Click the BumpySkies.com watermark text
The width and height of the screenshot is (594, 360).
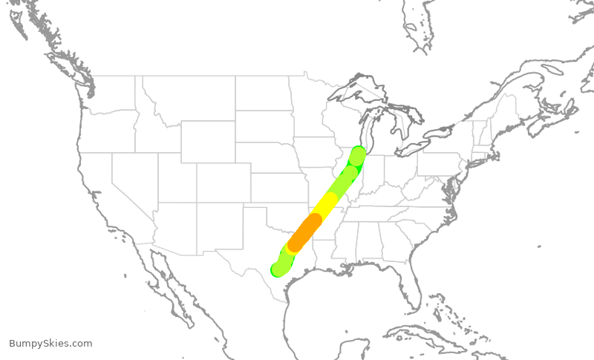[50, 344]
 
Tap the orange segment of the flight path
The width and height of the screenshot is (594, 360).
[304, 232]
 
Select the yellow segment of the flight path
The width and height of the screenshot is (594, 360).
[325, 203]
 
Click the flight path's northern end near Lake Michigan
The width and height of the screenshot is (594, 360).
[358, 156]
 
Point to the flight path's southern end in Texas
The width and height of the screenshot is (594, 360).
[279, 269]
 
